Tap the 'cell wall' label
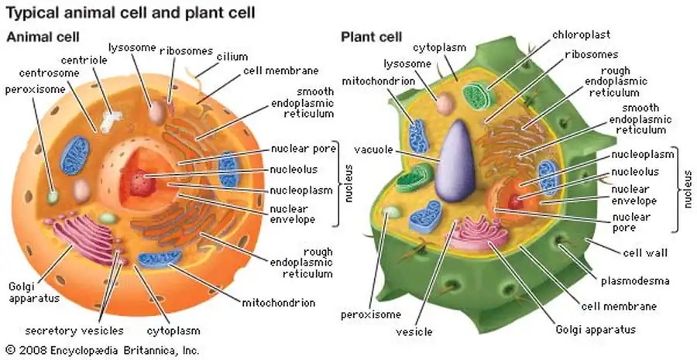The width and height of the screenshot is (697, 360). tap(645, 252)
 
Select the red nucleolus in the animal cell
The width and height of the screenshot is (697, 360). tap(140, 183)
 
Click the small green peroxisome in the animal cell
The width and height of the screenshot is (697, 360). tap(53, 196)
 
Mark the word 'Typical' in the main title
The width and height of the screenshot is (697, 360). tap(32, 12)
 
